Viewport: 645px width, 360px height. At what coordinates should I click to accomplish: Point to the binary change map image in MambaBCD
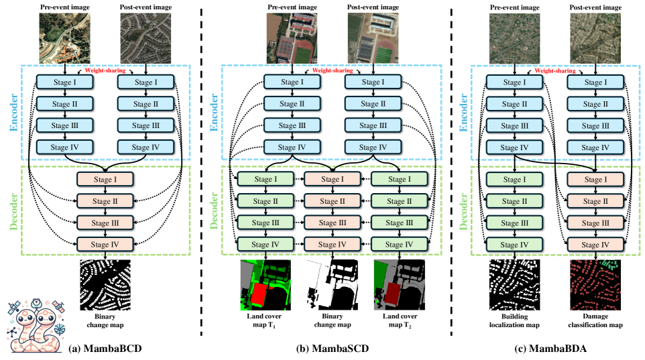point(106,284)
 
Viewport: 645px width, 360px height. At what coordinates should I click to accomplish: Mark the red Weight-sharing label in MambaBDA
point(554,70)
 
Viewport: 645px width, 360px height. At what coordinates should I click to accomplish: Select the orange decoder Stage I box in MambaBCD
point(106,179)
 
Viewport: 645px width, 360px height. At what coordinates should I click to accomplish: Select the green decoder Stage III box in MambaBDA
point(514,223)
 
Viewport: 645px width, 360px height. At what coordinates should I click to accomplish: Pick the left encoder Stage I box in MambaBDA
point(514,82)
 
